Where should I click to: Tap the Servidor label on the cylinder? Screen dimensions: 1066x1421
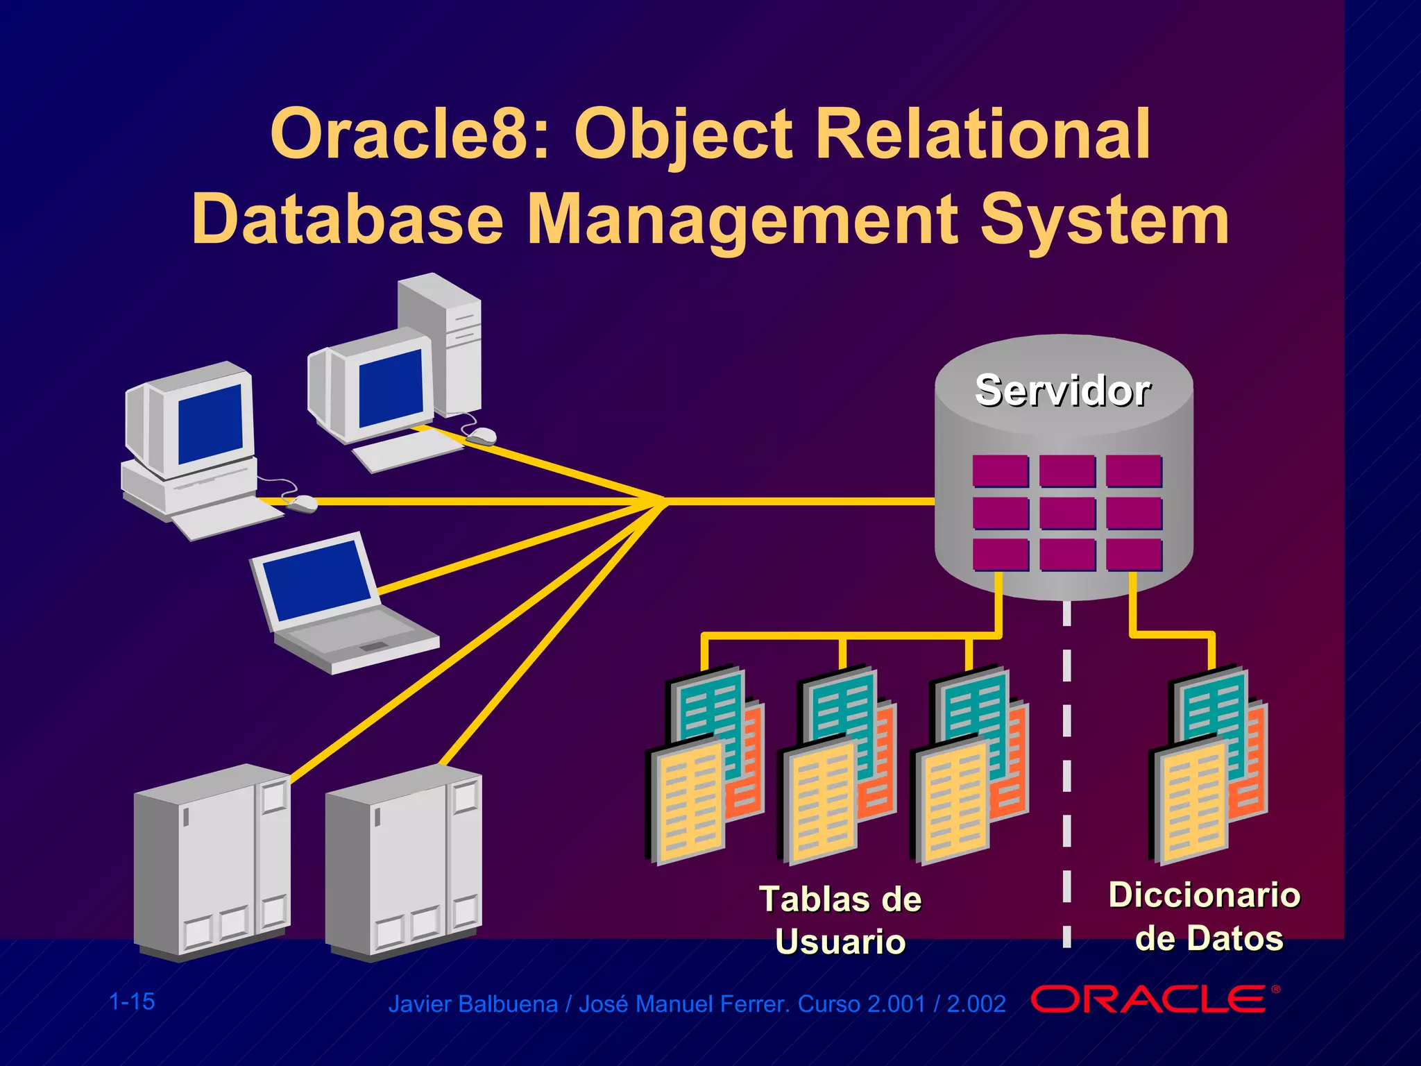pyautogui.click(x=1063, y=391)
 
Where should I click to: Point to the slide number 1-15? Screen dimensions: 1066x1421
pyautogui.click(x=132, y=1001)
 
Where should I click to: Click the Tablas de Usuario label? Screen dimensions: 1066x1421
pyautogui.click(x=840, y=920)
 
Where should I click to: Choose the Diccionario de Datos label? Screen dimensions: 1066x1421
pyautogui.click(x=1205, y=916)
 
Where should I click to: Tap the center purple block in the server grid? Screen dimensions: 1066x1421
pyautogui.click(x=1067, y=514)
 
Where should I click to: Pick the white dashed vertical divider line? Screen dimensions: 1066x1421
pyautogui.click(x=1067, y=763)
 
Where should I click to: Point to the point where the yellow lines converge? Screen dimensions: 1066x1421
pyautogui.click(x=663, y=500)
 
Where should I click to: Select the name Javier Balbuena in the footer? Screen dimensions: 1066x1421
pyautogui.click(x=473, y=1004)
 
